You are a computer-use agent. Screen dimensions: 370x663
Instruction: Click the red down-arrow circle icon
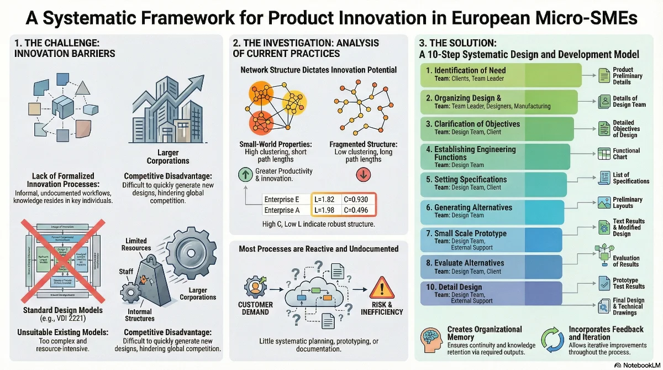click(x=364, y=175)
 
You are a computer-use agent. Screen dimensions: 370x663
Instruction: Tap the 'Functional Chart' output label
click(x=627, y=154)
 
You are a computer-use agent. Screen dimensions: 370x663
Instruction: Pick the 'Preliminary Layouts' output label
click(x=628, y=203)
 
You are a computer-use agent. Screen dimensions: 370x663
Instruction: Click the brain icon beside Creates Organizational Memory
click(x=433, y=337)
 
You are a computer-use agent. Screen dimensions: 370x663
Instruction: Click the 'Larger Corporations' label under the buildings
click(x=168, y=157)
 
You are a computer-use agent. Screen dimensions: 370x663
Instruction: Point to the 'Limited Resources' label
click(x=136, y=244)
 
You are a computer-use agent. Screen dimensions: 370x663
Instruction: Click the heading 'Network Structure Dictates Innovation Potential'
click(x=318, y=70)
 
